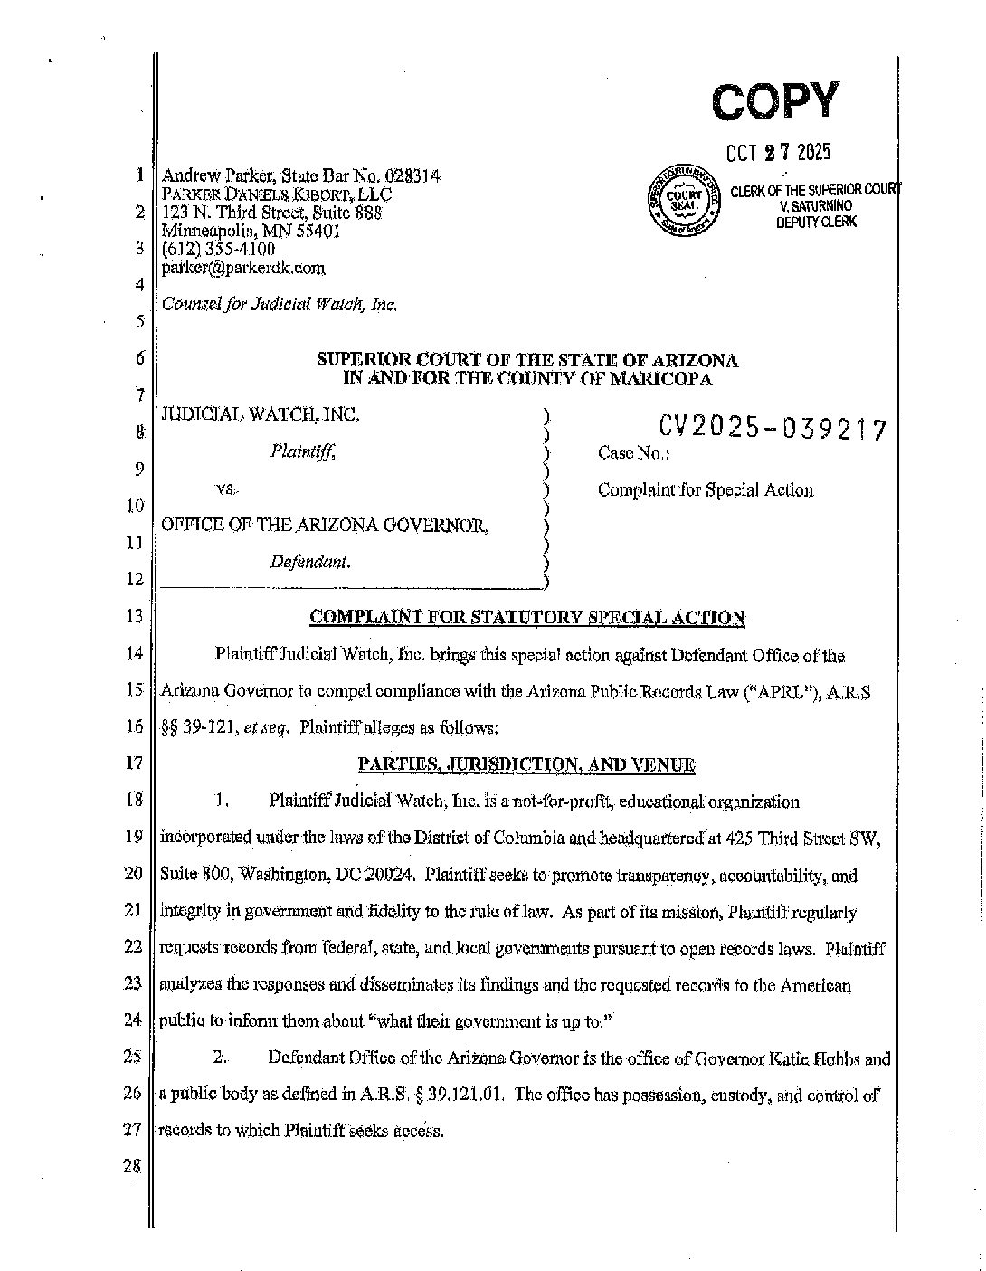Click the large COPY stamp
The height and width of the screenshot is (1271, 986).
(x=775, y=100)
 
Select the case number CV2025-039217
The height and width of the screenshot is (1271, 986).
(x=772, y=428)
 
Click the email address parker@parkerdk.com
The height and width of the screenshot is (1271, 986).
(x=242, y=268)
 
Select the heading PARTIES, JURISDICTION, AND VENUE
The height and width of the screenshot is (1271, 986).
(x=526, y=764)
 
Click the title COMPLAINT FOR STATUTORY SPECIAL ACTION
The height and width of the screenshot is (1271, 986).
(x=527, y=617)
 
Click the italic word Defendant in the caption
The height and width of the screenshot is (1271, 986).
(x=309, y=562)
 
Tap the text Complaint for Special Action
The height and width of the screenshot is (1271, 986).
(x=705, y=489)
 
